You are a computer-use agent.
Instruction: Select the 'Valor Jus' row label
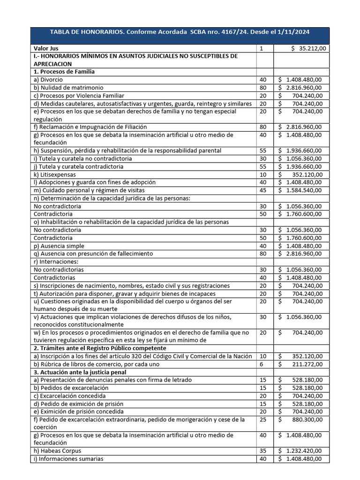46,48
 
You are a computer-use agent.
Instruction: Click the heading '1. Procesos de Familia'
64,72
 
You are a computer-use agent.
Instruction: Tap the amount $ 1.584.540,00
300,190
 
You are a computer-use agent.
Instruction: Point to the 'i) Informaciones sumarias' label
68,459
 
